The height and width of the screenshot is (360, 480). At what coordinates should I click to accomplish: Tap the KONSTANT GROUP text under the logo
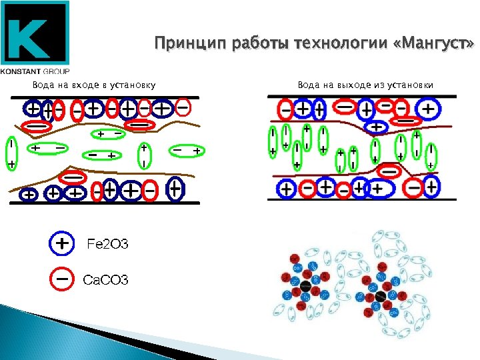click(x=35, y=70)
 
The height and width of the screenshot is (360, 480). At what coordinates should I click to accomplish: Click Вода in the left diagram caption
click(x=43, y=85)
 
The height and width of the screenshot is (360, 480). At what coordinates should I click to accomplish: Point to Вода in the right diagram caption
click(x=308, y=85)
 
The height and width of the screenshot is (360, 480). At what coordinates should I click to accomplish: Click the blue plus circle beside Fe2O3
click(x=61, y=244)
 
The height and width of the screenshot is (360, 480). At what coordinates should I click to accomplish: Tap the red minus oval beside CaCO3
click(x=61, y=279)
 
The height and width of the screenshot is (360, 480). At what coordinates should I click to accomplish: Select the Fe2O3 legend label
click(x=107, y=245)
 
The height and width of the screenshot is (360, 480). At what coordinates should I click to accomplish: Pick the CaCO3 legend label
click(x=105, y=279)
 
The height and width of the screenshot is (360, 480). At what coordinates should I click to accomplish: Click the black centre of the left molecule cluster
click(x=304, y=287)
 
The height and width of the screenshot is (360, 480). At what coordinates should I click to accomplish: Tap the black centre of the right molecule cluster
click(x=381, y=295)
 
